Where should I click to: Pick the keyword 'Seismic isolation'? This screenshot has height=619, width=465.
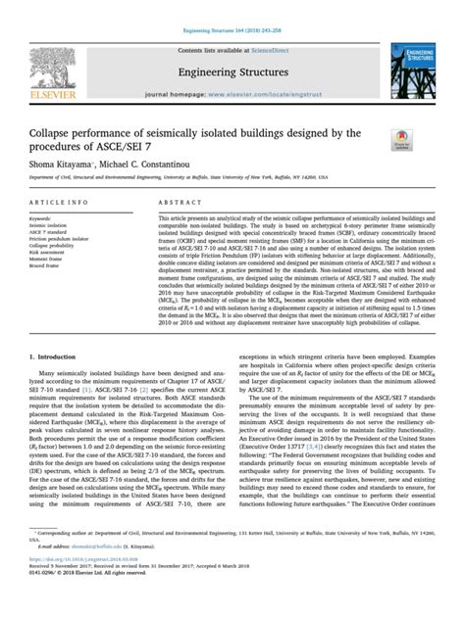click(48, 224)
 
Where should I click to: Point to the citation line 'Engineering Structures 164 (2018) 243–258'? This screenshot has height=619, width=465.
click(232, 6)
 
